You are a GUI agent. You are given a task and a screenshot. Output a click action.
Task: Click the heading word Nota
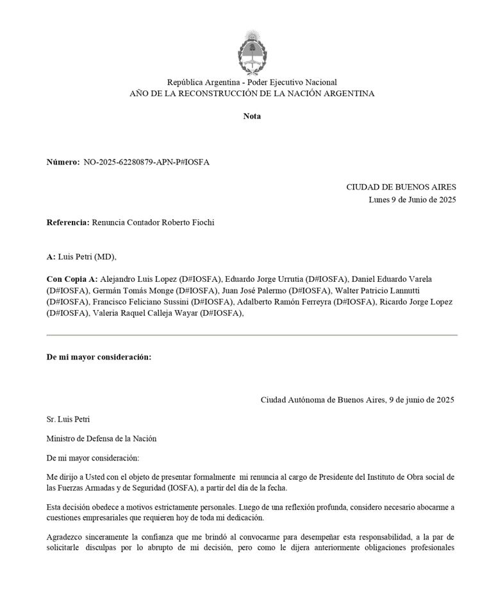pyautogui.click(x=252, y=116)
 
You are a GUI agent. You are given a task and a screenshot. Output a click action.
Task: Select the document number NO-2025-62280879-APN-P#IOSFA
pyautogui.click(x=146, y=162)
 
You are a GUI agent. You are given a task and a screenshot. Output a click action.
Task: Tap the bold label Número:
pyautogui.click(x=63, y=162)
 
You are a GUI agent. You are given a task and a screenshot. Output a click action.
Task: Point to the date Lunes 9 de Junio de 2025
pyautogui.click(x=412, y=199)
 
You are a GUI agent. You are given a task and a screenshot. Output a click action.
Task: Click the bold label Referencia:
pyautogui.click(x=68, y=222)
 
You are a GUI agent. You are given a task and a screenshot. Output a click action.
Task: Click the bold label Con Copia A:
pyautogui.click(x=72, y=279)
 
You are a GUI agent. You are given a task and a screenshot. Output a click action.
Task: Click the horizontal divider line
pyautogui.click(x=252, y=335)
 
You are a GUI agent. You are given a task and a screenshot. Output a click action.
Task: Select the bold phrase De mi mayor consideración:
pyautogui.click(x=99, y=357)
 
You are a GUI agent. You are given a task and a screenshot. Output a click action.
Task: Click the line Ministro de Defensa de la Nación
pyautogui.click(x=101, y=439)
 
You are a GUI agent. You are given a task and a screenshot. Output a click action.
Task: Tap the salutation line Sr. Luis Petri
pyautogui.click(x=69, y=420)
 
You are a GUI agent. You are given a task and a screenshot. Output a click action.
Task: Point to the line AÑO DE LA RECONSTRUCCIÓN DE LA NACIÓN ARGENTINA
pyautogui.click(x=252, y=94)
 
